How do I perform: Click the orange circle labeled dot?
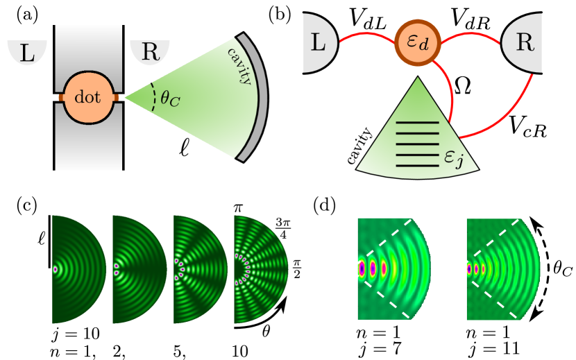87,98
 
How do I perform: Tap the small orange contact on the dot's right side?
116,98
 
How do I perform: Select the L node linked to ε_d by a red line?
319,42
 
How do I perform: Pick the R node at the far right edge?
524,43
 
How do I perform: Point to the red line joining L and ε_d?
366,36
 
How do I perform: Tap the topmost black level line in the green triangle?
417,123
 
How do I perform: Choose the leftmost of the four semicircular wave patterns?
78,269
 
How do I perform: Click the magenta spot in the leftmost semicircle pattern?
56,269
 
